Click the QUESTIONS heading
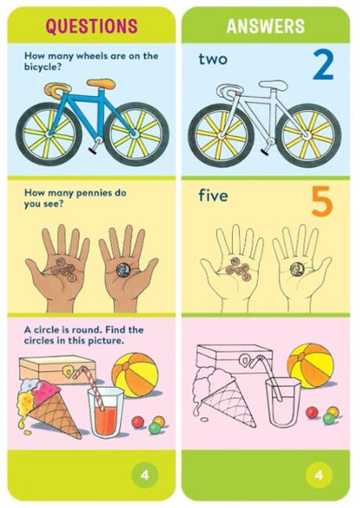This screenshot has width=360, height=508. click(92, 27)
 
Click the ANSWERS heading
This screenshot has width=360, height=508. click(266, 27)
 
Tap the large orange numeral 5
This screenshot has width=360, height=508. click(321, 203)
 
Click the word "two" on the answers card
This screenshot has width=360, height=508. click(215, 60)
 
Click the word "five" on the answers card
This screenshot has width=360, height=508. click(213, 196)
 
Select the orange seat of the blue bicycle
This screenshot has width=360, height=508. click(101, 84)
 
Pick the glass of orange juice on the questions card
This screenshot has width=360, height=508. click(105, 413)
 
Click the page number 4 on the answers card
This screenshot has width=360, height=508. click(321, 474)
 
